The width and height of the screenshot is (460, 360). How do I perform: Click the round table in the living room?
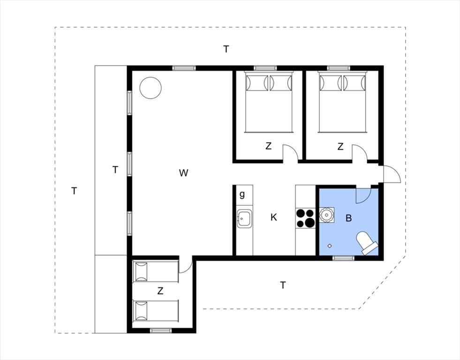point(151,88)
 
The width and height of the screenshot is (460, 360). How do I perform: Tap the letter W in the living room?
point(183,173)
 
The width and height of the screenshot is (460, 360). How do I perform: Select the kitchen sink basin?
point(244,218)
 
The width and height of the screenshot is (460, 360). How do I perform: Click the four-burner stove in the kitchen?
point(305,218)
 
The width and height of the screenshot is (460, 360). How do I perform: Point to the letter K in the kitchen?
point(273,217)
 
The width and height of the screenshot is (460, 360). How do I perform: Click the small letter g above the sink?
point(242,195)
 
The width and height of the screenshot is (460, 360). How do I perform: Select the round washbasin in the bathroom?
point(326,215)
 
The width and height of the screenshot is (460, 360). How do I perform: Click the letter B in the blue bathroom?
point(348,218)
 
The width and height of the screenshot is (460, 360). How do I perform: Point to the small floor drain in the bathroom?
point(330,246)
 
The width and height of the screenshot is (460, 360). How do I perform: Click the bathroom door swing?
point(363,195)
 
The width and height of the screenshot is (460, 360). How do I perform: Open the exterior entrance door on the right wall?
point(392,174)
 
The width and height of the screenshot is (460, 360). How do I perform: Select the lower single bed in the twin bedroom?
point(156,310)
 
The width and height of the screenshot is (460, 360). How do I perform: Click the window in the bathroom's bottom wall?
point(344,258)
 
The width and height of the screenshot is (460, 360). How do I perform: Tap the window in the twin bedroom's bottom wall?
point(161,330)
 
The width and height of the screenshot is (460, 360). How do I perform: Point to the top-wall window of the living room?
point(184,68)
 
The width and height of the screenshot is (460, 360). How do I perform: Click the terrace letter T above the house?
point(226,49)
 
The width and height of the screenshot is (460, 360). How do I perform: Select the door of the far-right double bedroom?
point(360,152)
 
